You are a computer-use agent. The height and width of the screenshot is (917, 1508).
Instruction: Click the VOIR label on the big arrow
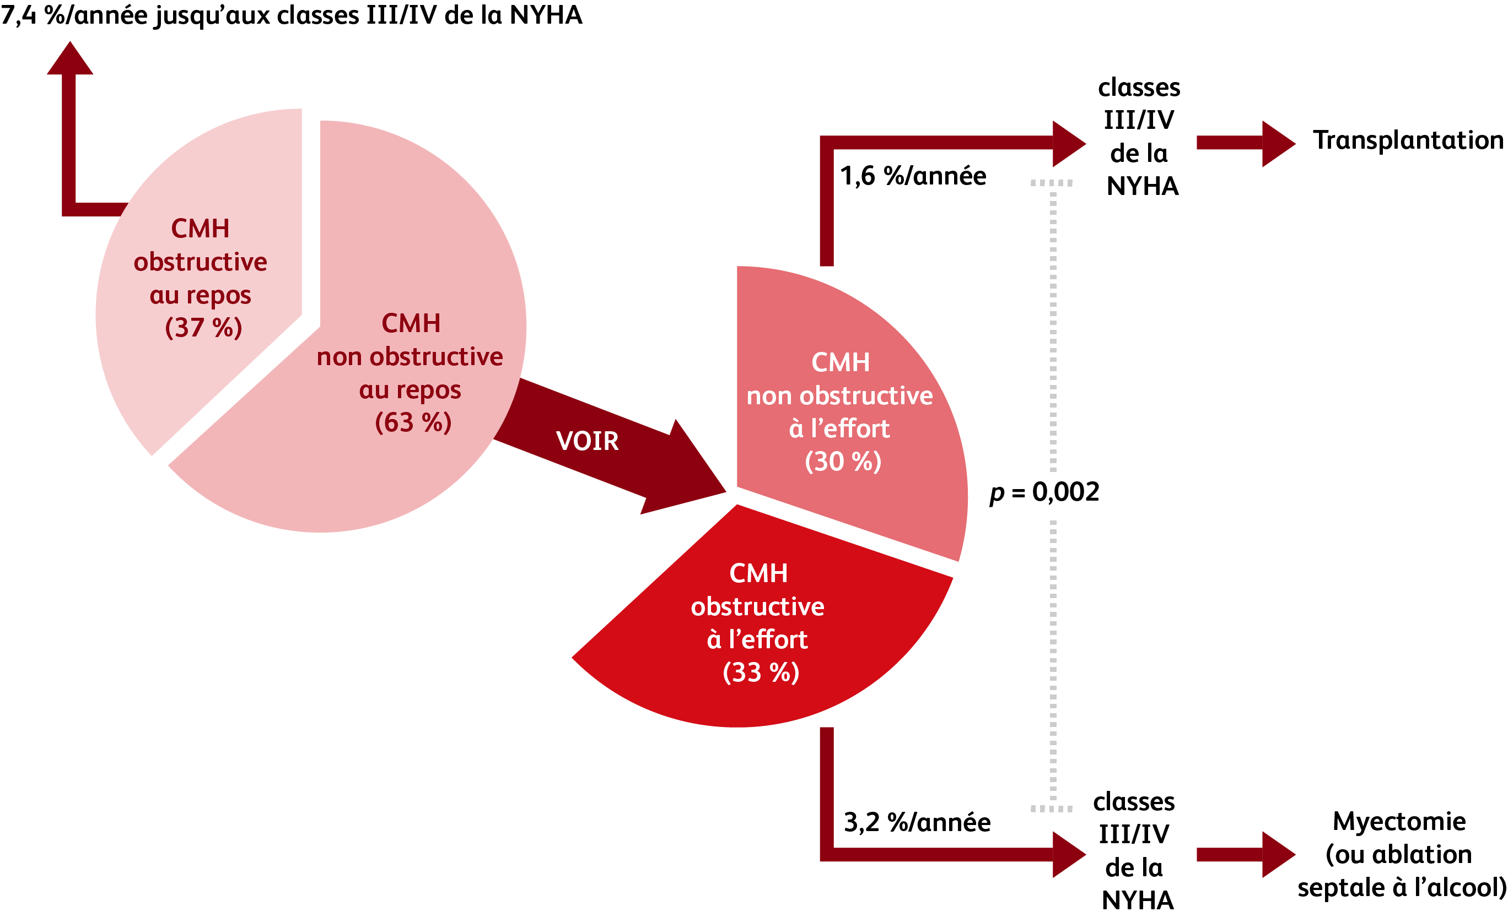point(587,441)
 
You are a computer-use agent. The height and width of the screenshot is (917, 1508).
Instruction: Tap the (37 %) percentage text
point(203,327)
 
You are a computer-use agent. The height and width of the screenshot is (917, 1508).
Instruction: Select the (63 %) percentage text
point(413,422)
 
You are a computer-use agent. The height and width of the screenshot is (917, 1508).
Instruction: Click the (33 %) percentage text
point(761,672)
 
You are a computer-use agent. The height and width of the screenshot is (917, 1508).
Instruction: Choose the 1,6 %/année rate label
point(913,176)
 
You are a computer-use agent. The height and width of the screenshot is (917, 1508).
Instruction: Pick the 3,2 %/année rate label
point(917,822)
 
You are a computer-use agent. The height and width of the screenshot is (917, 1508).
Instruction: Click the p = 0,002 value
point(1044,492)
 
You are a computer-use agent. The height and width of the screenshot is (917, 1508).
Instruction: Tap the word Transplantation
point(1408,140)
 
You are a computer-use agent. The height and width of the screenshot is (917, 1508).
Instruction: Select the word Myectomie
point(1399,821)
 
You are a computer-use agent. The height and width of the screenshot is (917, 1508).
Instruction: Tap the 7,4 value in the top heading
point(18,15)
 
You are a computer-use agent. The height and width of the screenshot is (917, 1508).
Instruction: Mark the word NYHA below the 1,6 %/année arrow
point(1142,186)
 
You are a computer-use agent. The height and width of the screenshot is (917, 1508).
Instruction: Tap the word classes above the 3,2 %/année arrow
point(1133,801)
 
